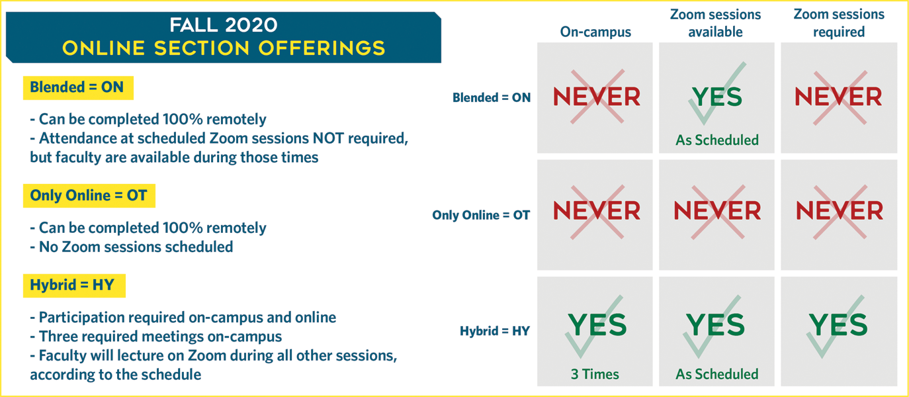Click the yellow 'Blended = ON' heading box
[78, 88]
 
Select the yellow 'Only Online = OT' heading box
[89, 196]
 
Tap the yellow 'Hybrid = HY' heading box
[74, 285]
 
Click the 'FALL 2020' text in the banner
[224, 25]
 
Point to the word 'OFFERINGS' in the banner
[322, 48]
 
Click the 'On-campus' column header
[595, 32]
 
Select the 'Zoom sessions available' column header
[715, 23]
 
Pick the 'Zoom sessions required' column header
[839, 23]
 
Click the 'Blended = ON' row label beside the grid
[492, 98]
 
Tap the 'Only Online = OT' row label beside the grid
[481, 215]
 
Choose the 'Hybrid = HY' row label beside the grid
[495, 331]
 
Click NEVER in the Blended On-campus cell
[597, 97]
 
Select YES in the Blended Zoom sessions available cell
[717, 97]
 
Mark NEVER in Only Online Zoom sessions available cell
[717, 211]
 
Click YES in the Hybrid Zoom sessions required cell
[838, 325]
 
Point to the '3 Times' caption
[595, 375]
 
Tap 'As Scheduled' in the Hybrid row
[717, 375]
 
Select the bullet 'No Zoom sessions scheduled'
[132, 247]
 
